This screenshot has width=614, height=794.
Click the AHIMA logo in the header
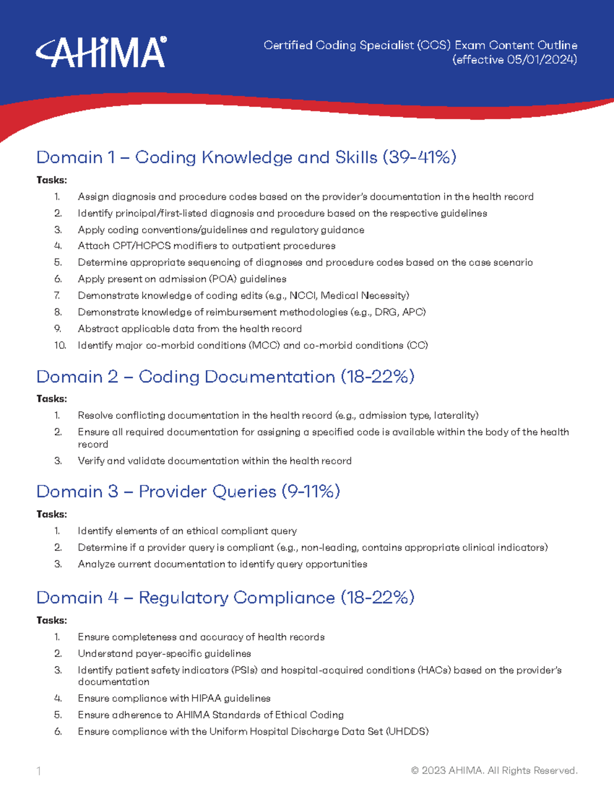pyautogui.click(x=101, y=52)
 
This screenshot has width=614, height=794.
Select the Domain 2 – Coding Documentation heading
pyautogui.click(x=225, y=377)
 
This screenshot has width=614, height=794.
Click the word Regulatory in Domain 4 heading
pyautogui.click(x=183, y=598)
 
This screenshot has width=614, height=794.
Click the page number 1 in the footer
pyautogui.click(x=39, y=771)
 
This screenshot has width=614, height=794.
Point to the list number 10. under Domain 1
pyautogui.click(x=60, y=346)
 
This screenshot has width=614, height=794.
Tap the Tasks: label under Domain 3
pyautogui.click(x=52, y=514)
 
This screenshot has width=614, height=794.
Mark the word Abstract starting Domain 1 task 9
pyautogui.click(x=96, y=329)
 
